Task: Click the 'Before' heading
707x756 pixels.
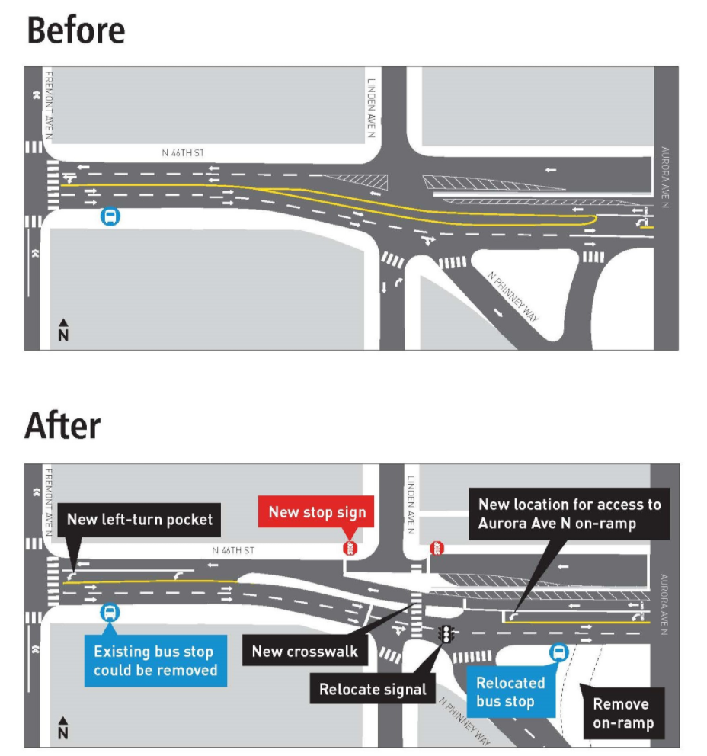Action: pos(75,30)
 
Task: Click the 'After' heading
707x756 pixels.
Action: pos(62,425)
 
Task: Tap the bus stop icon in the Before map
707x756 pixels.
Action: pos(111,217)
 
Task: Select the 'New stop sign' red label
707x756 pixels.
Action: pos(317,512)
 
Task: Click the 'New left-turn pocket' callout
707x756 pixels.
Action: pos(139,520)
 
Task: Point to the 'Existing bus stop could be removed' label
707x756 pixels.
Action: pos(155,661)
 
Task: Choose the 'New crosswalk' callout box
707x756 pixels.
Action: pos(305,652)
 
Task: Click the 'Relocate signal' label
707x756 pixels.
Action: pos(373,689)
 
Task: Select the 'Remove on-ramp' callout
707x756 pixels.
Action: pos(621,713)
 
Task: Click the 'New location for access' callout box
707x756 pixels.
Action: pos(569,514)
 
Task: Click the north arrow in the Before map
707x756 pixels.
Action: pos(63,330)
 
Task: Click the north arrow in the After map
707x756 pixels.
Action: pos(63,729)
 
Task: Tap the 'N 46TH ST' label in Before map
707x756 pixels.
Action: pos(182,153)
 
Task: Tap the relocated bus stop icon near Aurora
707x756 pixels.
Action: pos(559,652)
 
